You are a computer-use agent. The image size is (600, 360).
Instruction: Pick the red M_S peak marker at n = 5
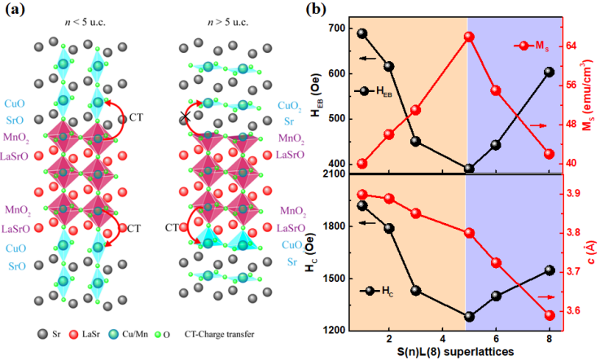469,37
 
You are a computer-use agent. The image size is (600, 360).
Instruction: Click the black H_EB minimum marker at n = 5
469,169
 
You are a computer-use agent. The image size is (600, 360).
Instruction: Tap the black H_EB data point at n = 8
549,72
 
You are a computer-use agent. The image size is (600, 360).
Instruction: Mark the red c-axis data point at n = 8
549,315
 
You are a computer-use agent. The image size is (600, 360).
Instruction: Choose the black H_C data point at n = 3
415,291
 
